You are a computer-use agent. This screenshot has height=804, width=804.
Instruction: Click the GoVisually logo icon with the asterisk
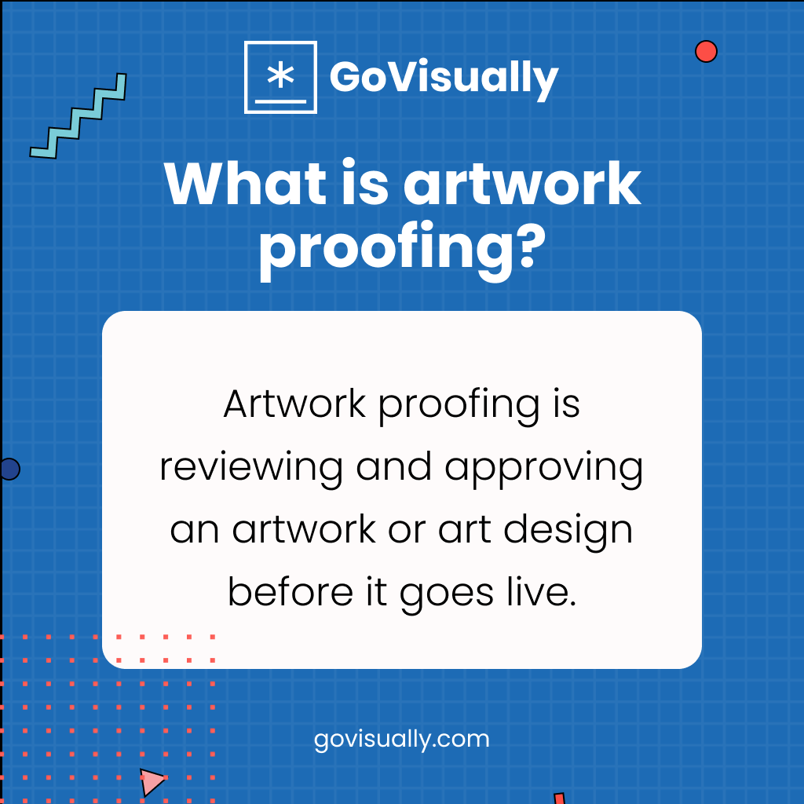280,78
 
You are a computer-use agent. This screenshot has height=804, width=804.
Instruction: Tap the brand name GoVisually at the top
444,77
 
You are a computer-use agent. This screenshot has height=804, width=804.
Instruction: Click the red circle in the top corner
706,51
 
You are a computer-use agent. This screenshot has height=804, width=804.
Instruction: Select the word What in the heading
235,185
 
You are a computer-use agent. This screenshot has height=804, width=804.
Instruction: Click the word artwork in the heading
521,185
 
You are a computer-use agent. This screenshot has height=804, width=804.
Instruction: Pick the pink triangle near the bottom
152,781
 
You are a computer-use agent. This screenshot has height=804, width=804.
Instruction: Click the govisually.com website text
401,739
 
